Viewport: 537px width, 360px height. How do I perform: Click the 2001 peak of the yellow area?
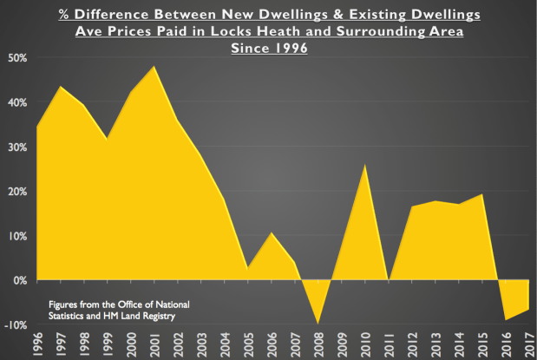154,67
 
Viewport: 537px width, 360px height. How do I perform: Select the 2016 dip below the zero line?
507,319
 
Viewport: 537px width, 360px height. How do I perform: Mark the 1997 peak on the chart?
60,87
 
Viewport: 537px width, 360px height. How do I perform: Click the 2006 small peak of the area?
272,233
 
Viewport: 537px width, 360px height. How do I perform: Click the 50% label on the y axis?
17,57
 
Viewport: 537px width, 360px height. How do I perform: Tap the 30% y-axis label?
17,147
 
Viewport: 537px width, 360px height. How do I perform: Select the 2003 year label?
201,344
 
